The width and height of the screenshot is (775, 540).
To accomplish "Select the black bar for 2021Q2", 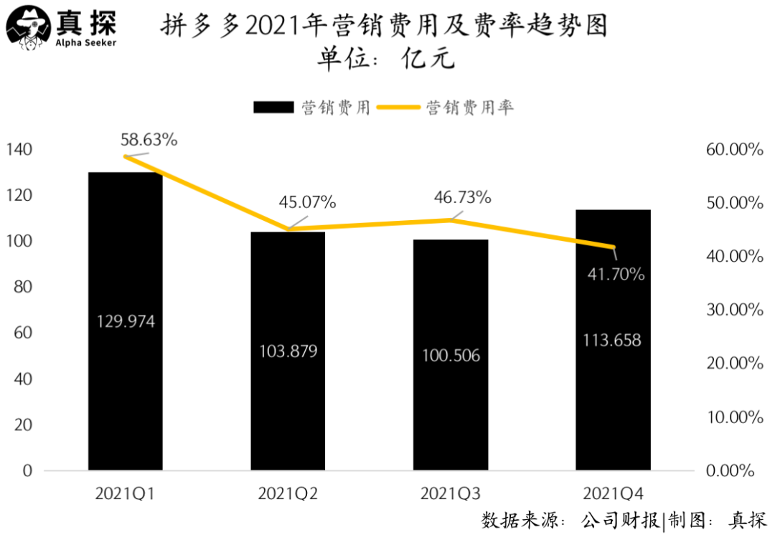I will [x=287, y=402].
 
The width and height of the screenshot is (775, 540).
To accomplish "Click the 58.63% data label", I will [x=149, y=140].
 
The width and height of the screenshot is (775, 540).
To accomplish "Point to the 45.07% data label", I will [x=307, y=202].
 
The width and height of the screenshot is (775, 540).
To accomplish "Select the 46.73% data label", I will [x=462, y=197].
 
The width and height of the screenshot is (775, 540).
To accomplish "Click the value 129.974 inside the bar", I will [x=126, y=321].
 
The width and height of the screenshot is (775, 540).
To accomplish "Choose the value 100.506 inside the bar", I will [x=451, y=356].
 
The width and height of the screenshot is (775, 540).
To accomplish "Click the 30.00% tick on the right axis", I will [x=733, y=310].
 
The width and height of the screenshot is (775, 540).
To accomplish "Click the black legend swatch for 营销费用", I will [x=273, y=107].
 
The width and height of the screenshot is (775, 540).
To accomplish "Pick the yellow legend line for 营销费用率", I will [x=399, y=107].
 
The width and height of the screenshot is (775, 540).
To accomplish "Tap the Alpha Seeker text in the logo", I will [x=86, y=42].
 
